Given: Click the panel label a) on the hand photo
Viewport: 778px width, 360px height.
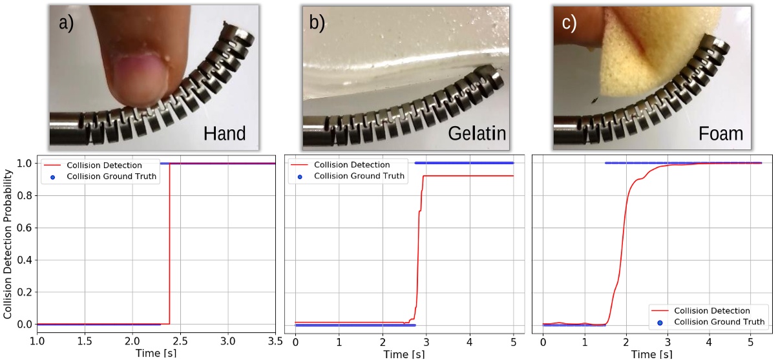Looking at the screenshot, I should pos(67,24).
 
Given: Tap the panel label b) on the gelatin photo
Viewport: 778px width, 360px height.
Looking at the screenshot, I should pos(317,24).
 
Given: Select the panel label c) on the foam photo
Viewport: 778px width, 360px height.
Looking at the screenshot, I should pos(569,24).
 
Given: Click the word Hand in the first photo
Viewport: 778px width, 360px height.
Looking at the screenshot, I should pos(224,134).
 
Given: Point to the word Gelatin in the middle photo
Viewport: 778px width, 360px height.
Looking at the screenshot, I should pos(477,134).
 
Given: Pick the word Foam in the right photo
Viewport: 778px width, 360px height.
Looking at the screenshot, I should pos(720,134).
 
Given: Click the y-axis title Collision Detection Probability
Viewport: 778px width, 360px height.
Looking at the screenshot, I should pos(9,244).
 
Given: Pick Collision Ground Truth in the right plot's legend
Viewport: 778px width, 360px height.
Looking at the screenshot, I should pos(719,321).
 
